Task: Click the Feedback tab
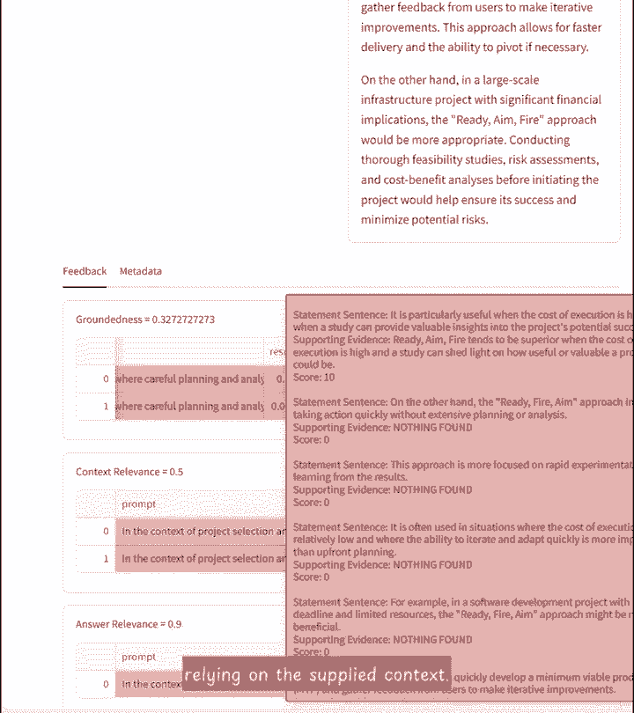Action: click(85, 271)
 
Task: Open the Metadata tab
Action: click(141, 271)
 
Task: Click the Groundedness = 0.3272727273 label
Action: click(145, 319)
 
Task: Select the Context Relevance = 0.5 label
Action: click(129, 472)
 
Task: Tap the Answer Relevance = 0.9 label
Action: click(129, 624)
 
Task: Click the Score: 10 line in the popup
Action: click(314, 378)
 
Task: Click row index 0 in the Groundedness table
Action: click(106, 379)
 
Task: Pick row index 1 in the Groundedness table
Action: click(106, 407)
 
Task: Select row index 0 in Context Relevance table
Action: click(106, 532)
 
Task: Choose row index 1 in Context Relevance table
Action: click(106, 559)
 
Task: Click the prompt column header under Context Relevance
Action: click(139, 504)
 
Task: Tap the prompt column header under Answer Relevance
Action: click(139, 657)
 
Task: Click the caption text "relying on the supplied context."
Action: click(316, 676)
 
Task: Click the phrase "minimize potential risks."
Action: click(424, 219)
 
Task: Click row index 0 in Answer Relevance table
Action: click(106, 684)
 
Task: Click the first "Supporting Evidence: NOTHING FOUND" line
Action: click(383, 427)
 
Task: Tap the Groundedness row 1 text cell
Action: click(189, 407)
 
